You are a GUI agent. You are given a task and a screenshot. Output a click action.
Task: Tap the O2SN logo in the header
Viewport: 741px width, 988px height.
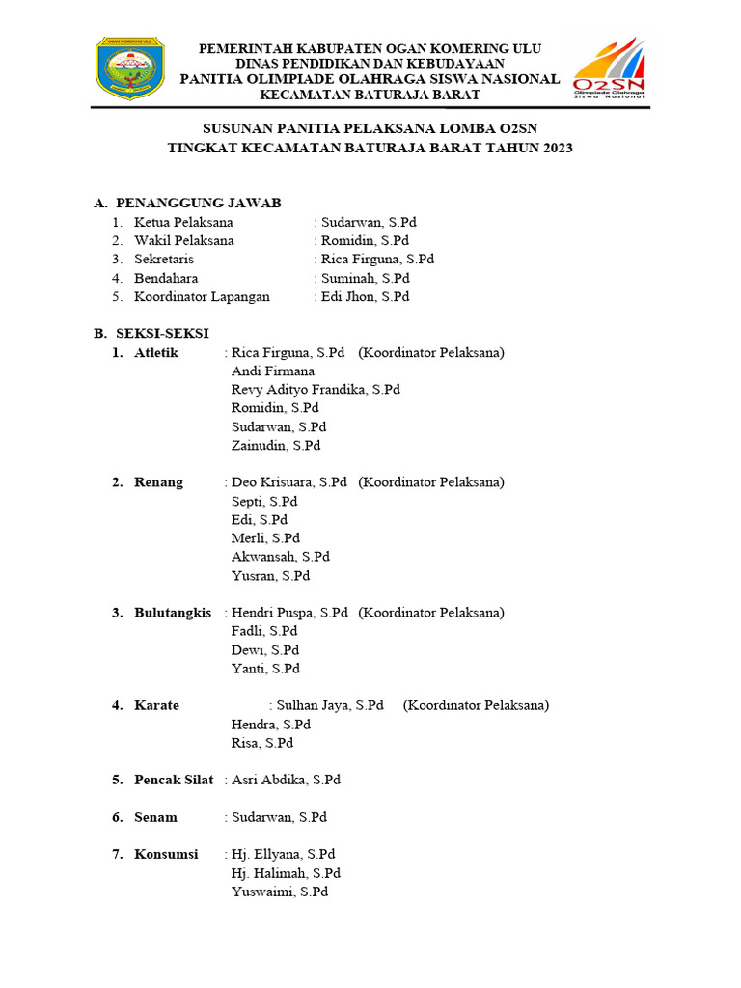pos(608,69)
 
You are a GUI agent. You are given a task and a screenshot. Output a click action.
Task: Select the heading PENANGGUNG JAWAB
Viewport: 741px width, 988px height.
pos(199,203)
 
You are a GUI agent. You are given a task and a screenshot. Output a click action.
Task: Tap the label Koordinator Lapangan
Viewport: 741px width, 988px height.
pos(202,296)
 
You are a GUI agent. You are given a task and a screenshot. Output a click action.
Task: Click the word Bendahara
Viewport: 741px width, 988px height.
pos(166,278)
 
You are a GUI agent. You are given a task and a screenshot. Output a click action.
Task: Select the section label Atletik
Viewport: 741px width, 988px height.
pos(156,353)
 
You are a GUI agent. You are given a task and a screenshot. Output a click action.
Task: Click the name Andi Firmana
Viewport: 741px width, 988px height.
pos(273,370)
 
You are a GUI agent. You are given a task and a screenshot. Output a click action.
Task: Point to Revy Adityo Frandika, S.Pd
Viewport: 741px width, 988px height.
pos(316,389)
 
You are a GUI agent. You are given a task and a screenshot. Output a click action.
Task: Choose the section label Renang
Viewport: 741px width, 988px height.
pos(158,482)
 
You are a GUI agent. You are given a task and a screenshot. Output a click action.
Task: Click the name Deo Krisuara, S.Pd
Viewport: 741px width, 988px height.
pos(289,482)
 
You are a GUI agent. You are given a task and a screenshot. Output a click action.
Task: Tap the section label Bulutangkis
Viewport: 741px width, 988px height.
pos(173,613)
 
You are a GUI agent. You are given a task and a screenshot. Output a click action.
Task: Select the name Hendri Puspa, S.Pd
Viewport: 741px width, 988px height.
pos(289,613)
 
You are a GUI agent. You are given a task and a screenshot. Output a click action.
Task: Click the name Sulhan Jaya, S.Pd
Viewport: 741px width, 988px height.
pos(330,705)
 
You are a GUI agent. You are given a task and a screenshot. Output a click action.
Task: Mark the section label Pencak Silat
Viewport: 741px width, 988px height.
pos(174,780)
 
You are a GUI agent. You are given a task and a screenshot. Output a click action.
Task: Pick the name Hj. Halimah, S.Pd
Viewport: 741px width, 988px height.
pos(286,873)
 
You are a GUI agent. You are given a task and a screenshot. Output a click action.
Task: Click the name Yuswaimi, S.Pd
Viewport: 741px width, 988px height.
pos(280,892)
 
